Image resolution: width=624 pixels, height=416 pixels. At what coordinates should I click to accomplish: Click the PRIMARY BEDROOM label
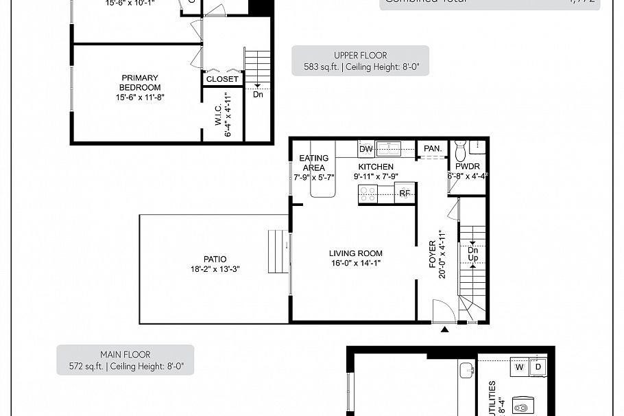(x=140, y=83)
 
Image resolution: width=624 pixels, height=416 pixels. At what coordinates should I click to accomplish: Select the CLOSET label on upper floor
(x=223, y=79)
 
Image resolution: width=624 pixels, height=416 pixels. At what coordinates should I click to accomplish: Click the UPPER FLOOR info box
(x=360, y=60)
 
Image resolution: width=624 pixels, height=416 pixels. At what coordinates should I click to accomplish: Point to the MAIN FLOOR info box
(x=125, y=360)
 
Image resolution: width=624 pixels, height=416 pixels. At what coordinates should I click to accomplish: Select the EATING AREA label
(x=314, y=163)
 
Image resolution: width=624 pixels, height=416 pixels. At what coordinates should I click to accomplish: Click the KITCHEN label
(x=376, y=167)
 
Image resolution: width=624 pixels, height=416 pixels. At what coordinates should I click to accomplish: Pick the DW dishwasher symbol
(x=365, y=149)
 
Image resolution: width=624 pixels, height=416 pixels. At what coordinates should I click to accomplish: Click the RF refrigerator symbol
(x=405, y=194)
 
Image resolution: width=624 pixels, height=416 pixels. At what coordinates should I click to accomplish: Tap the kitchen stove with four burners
(x=369, y=194)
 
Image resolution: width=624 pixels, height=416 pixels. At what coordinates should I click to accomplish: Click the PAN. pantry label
(x=432, y=148)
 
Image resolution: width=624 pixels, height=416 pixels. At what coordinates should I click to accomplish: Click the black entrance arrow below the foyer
(x=444, y=330)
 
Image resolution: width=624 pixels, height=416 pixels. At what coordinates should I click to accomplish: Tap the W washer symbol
(x=519, y=367)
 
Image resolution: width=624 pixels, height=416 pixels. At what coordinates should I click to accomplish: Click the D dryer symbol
(x=538, y=367)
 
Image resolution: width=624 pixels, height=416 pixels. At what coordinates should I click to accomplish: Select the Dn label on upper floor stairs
(x=258, y=95)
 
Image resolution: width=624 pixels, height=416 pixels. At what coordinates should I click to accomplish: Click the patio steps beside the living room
(x=278, y=242)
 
